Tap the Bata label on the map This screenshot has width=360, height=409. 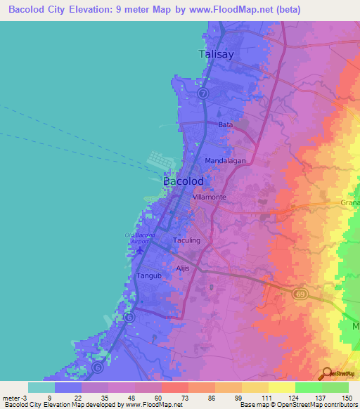[225, 124]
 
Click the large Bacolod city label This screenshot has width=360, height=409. [184, 181]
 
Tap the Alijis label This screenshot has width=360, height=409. [183, 268]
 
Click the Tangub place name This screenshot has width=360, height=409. [148, 276]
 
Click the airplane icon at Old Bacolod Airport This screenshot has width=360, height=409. [140, 250]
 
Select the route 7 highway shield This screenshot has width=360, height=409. [202, 93]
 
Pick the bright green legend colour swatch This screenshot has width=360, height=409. [308, 387]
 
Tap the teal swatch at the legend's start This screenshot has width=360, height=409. [41, 387]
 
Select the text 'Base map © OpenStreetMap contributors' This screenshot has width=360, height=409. [297, 405]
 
